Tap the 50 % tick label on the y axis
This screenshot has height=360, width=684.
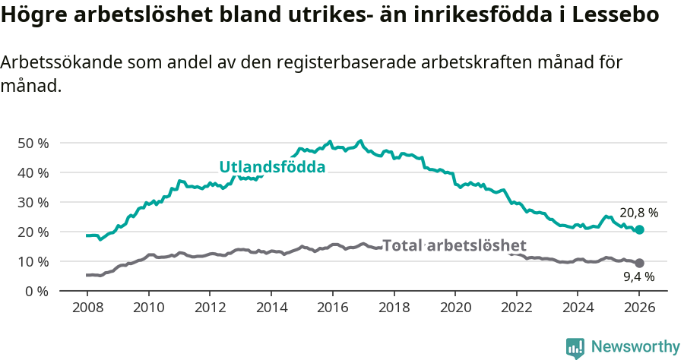pyautogui.click(x=33, y=143)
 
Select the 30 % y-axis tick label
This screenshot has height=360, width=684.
pyautogui.click(x=33, y=202)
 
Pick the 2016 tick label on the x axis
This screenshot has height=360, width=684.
pyautogui.click(x=332, y=309)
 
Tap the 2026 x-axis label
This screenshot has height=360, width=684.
pyautogui.click(x=639, y=309)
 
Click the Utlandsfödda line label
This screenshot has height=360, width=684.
pyautogui.click(x=272, y=167)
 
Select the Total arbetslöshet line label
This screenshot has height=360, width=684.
pyautogui.click(x=454, y=245)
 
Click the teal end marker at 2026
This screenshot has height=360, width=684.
pyautogui.click(x=639, y=229)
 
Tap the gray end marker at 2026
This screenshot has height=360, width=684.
pyautogui.click(x=639, y=263)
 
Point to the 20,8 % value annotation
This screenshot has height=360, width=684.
pyautogui.click(x=638, y=213)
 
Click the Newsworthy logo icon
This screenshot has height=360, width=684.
pyautogui.click(x=575, y=347)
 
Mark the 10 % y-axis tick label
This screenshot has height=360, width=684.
pyautogui.click(x=33, y=261)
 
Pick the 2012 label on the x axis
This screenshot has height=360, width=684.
pyautogui.click(x=210, y=309)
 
